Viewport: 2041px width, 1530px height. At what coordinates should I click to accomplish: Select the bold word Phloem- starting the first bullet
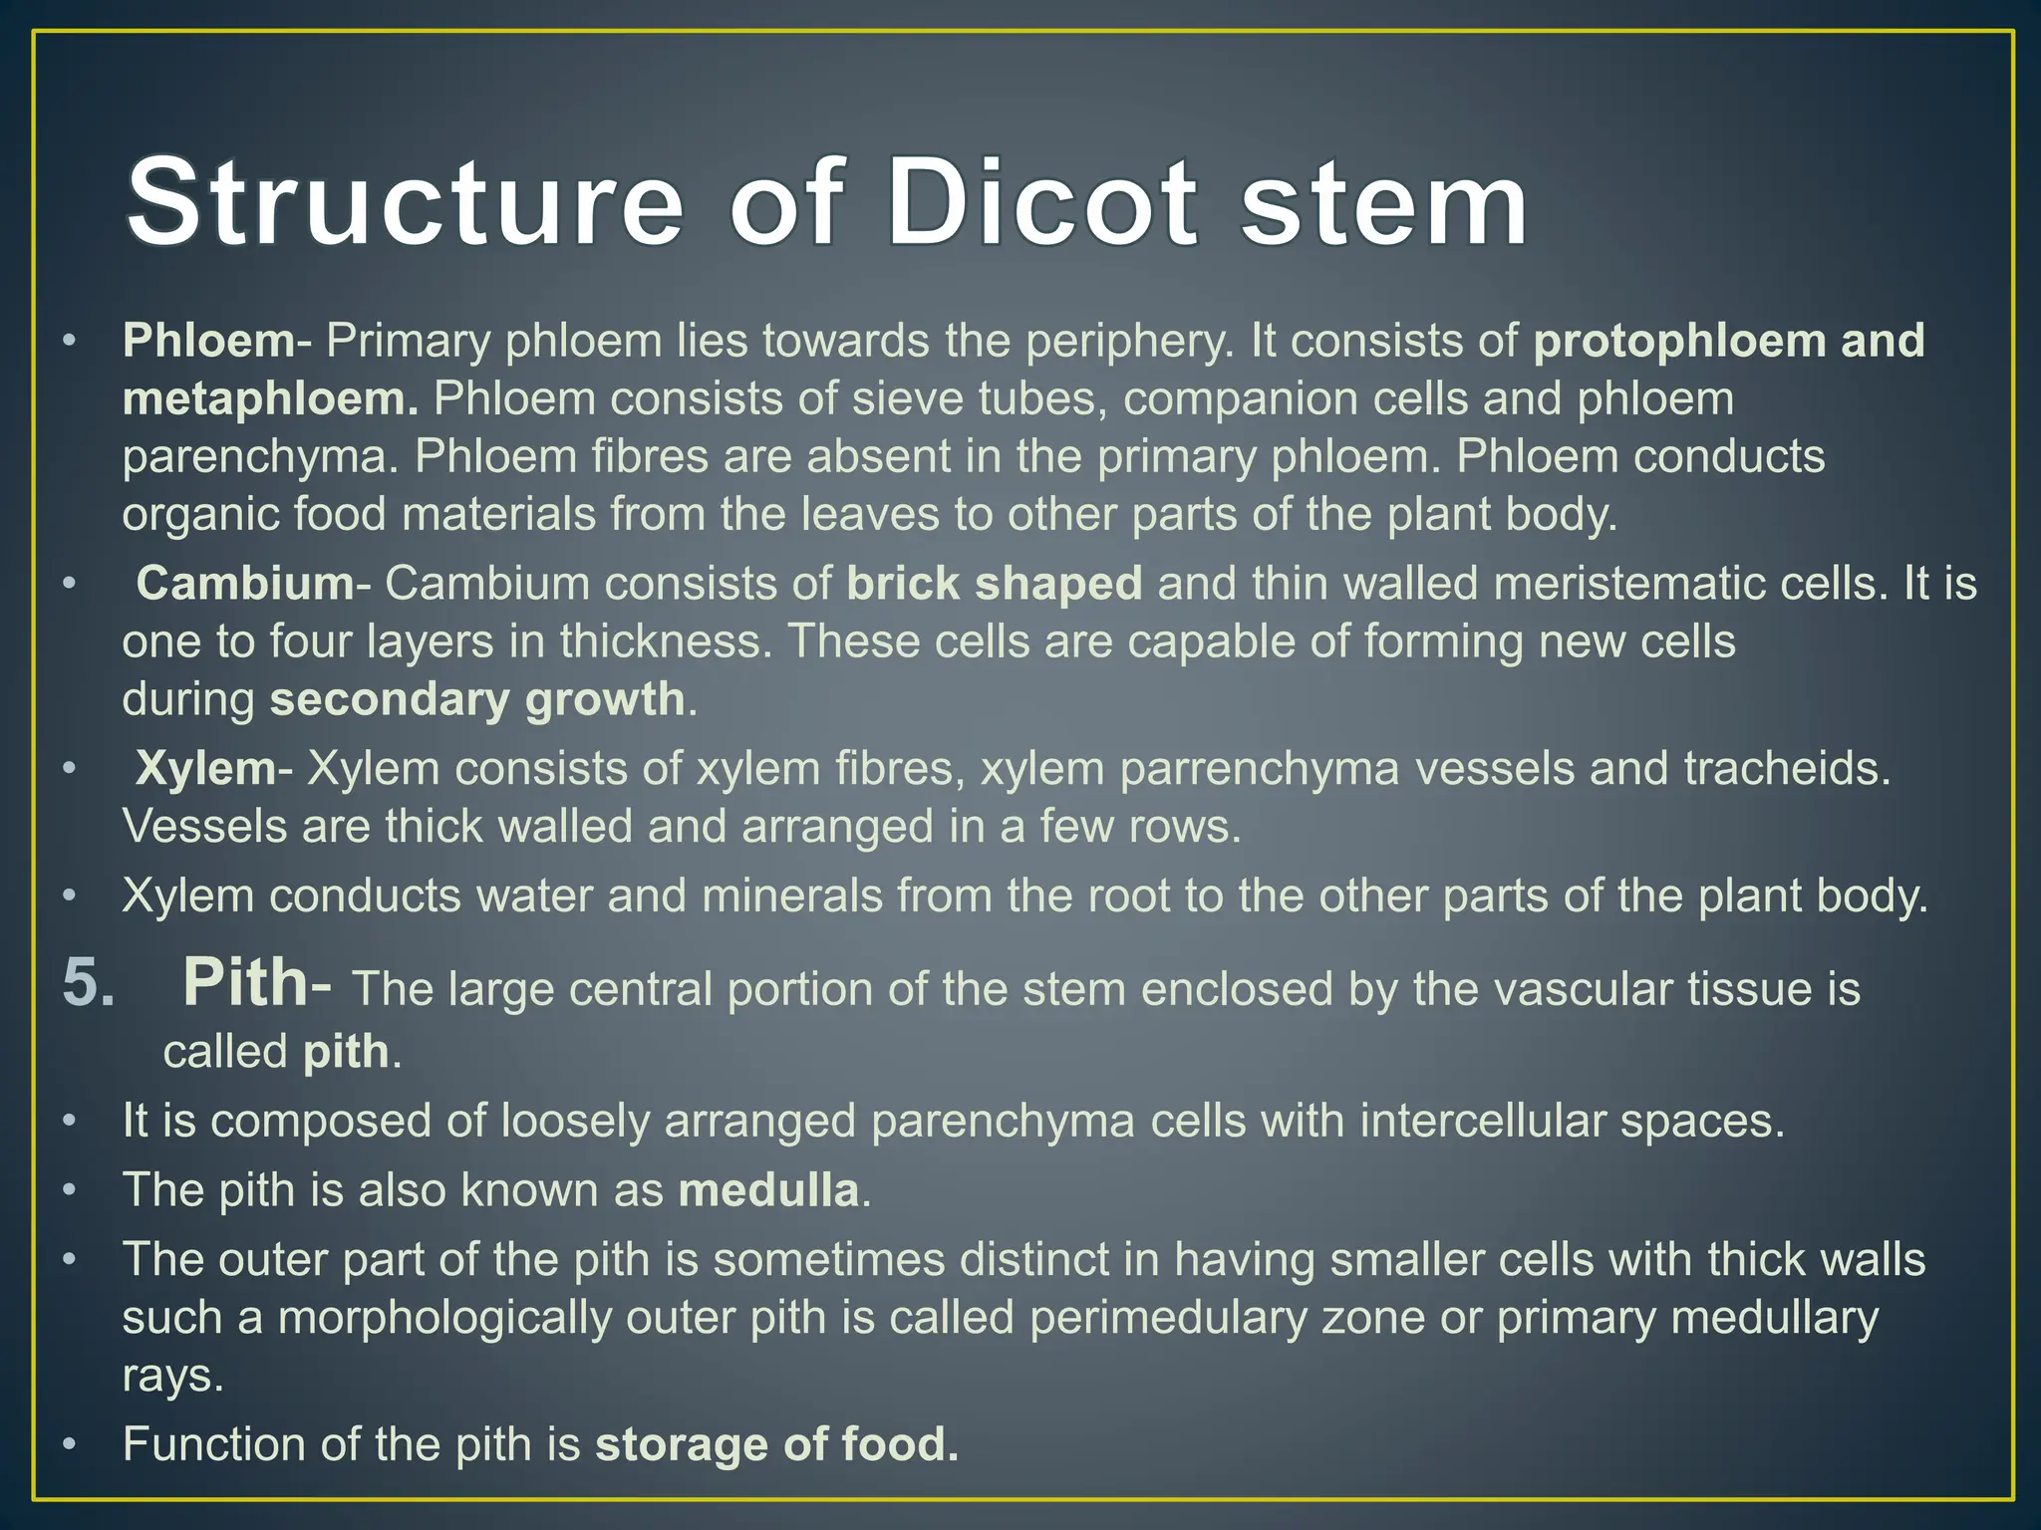point(209,342)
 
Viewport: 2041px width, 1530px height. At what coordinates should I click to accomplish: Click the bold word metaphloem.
point(270,399)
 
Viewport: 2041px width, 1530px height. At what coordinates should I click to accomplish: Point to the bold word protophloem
point(1680,342)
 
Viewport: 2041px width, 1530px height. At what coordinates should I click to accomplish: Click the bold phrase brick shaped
point(994,584)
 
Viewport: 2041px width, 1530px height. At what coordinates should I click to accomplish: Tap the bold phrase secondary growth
point(477,699)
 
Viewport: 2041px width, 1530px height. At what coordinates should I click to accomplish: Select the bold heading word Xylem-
point(213,769)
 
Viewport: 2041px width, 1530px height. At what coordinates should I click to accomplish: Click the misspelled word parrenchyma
point(1260,769)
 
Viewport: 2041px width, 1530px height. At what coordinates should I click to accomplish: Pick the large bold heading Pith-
point(257,984)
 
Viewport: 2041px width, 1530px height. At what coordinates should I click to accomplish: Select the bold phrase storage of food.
point(776,1445)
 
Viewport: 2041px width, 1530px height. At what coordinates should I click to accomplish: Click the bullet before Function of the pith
point(68,1445)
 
